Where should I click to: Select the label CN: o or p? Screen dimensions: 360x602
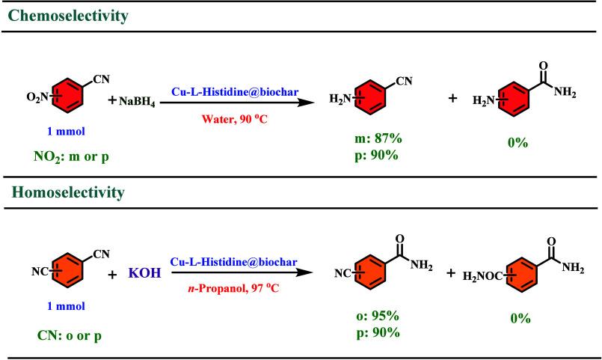61,335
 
